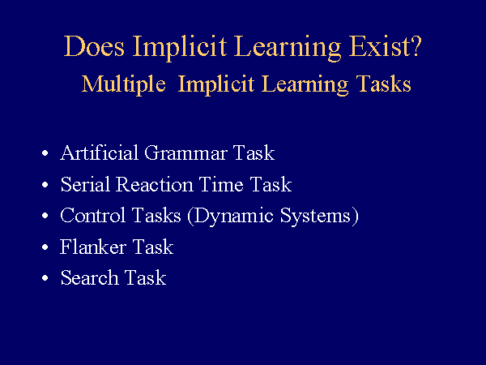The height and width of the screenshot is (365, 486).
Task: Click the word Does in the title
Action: click(94, 46)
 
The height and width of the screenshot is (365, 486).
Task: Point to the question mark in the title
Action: click(414, 46)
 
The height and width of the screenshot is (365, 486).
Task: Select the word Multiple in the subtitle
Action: click(123, 84)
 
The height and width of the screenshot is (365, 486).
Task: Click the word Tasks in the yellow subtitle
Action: click(383, 84)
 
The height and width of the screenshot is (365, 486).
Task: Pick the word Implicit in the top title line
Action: click(180, 48)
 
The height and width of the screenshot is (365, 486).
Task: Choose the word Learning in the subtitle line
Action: click(305, 85)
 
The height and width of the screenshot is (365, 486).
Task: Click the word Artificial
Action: click(99, 152)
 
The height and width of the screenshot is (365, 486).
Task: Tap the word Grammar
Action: click(185, 153)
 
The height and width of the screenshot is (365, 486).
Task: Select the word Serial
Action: click(86, 184)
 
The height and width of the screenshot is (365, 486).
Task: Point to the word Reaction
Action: click(155, 184)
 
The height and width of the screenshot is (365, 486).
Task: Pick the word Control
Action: click(92, 215)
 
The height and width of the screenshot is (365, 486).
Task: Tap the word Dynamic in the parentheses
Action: click(230, 217)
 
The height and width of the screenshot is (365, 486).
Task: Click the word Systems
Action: click(319, 217)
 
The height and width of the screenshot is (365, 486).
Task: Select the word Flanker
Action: click(92, 247)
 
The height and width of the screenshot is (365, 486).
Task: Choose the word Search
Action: click(89, 277)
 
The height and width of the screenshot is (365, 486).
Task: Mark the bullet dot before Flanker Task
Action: click(45, 247)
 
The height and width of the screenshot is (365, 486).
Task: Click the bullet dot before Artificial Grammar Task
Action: click(45, 153)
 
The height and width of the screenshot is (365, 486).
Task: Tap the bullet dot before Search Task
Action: click(45, 277)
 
